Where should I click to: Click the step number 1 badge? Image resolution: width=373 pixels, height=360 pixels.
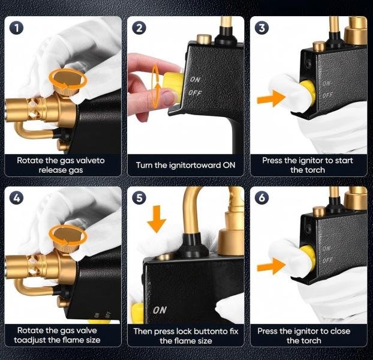point(16,28)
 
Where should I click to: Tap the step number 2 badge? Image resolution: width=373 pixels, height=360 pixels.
point(139,28)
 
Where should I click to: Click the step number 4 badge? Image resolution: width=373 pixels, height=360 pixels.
point(16,198)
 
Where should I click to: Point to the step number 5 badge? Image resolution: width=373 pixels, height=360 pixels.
point(139,198)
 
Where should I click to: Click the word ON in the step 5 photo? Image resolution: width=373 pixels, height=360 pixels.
point(160,310)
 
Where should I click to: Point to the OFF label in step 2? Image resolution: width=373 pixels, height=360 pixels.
point(195,93)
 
